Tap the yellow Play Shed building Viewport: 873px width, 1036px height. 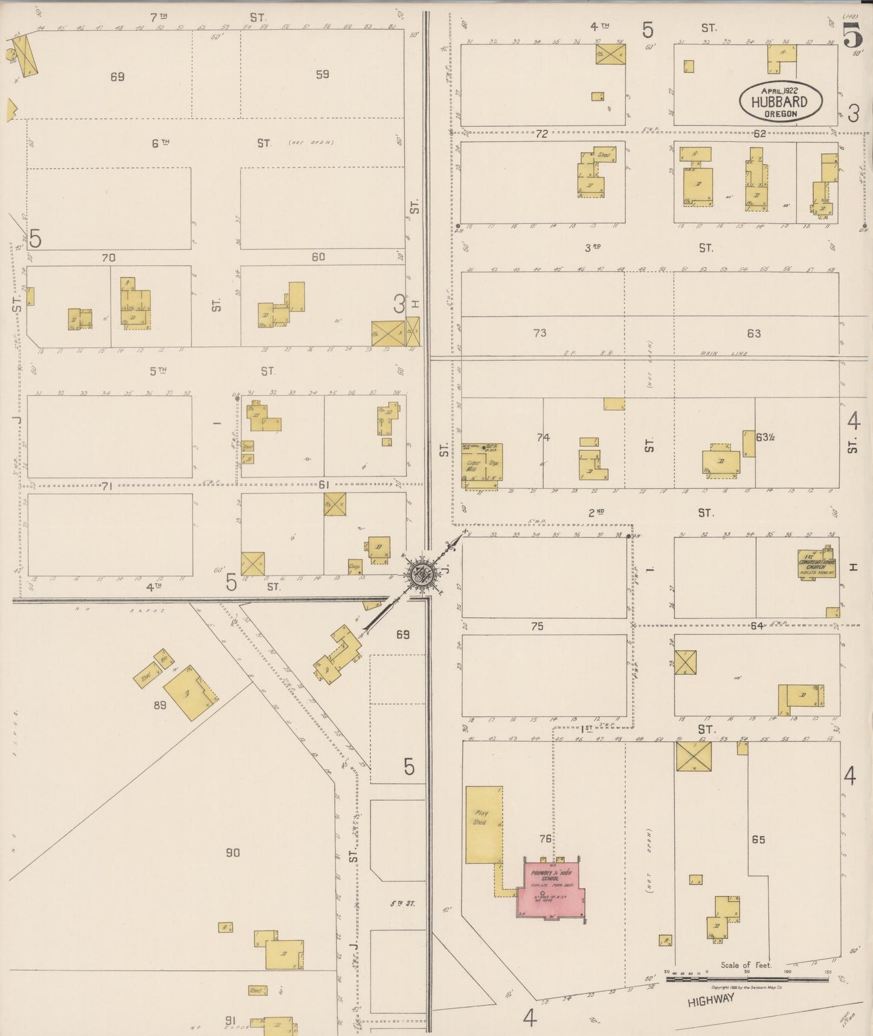483,824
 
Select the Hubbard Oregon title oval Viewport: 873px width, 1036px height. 780,101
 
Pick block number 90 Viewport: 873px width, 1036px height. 233,852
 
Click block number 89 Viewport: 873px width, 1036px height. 159,704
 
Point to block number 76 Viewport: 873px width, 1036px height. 545,838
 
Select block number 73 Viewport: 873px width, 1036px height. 540,333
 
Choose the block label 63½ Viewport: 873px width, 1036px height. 765,436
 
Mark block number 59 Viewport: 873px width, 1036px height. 322,74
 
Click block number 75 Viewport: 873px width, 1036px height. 537,626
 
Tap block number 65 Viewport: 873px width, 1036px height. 758,840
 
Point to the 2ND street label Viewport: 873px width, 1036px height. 596,513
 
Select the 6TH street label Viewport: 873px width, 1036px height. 160,143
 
